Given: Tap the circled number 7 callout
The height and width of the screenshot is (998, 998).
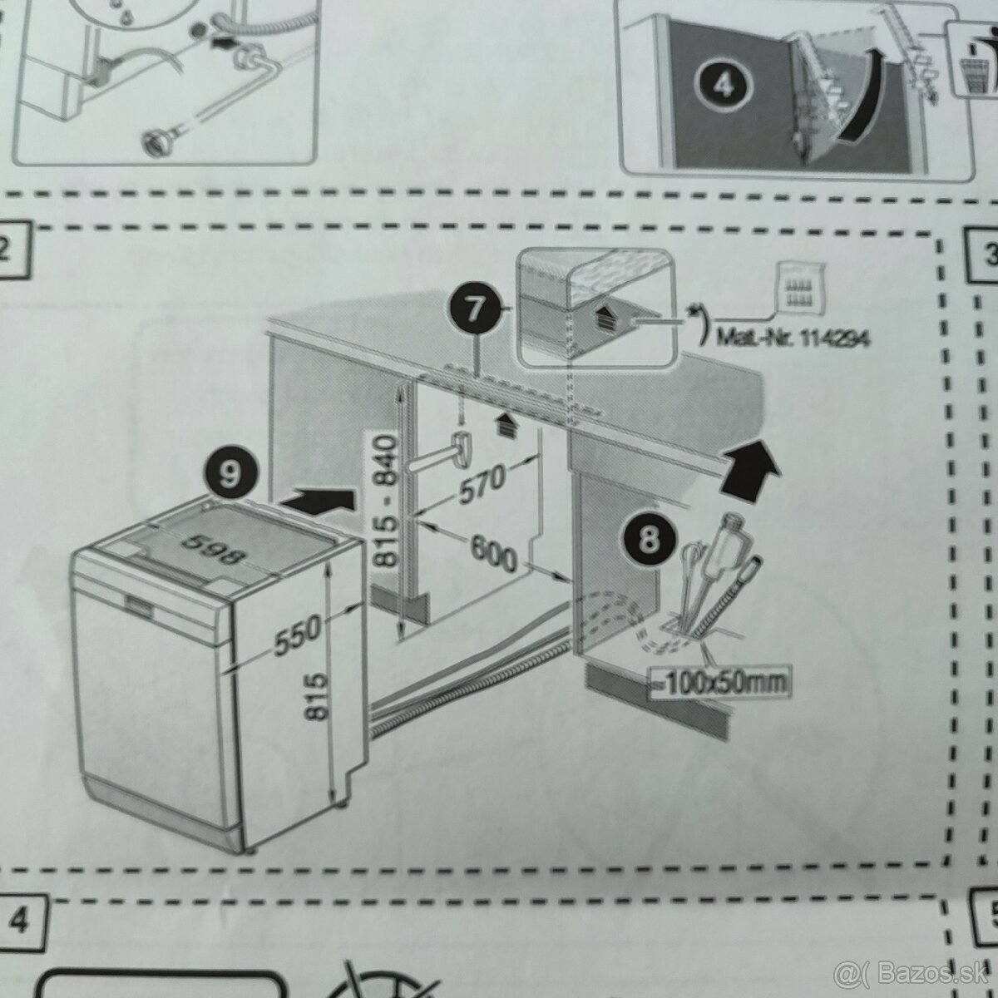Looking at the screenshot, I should pos(473,309).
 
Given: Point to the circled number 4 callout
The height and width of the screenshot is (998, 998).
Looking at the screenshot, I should pos(724,86).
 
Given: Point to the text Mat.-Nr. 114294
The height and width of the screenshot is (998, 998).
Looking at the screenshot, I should pos(786,340).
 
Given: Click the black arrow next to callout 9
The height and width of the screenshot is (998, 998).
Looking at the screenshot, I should pos(319,501).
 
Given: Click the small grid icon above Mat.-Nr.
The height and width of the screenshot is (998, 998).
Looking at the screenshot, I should pos(798,287).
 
